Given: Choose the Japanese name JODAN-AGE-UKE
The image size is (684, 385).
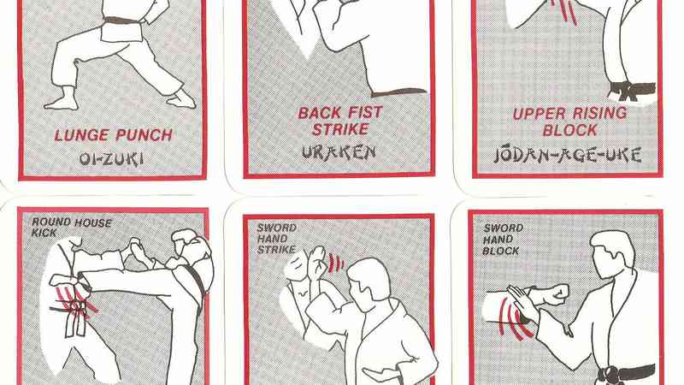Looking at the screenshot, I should click(x=566, y=155).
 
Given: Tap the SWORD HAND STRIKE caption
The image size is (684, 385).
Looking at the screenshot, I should click(x=276, y=239).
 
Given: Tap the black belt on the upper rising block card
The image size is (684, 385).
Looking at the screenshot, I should click(x=631, y=88).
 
